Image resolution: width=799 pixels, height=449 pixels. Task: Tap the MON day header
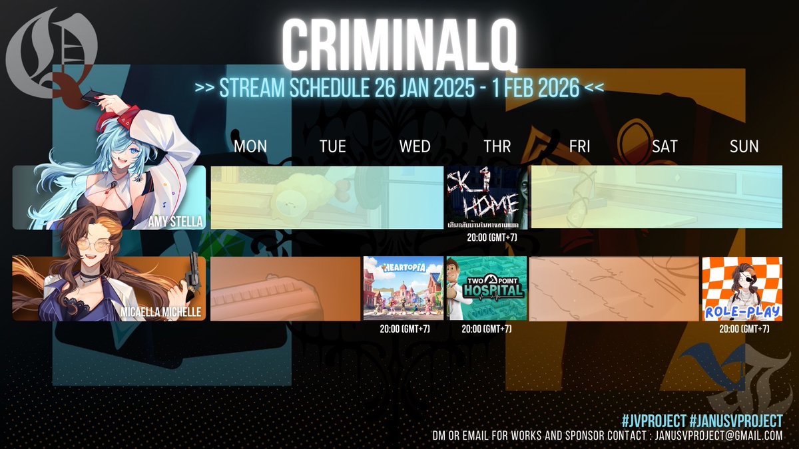click(x=250, y=146)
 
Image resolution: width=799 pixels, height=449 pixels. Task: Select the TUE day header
click(x=332, y=146)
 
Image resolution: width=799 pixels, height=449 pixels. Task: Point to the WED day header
click(x=414, y=146)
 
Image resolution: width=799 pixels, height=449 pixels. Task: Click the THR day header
click(x=497, y=146)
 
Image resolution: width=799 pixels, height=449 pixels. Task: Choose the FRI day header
click(x=579, y=146)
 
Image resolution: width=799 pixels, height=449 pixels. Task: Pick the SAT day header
click(x=664, y=146)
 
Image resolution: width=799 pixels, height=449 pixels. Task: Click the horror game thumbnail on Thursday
click(x=486, y=198)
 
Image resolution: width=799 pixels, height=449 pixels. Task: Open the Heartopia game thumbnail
click(x=403, y=288)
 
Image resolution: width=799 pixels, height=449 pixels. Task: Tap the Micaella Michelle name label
click(x=162, y=312)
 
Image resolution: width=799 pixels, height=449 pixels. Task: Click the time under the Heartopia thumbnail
click(x=403, y=329)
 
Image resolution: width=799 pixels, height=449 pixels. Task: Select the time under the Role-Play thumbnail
click(x=744, y=329)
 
